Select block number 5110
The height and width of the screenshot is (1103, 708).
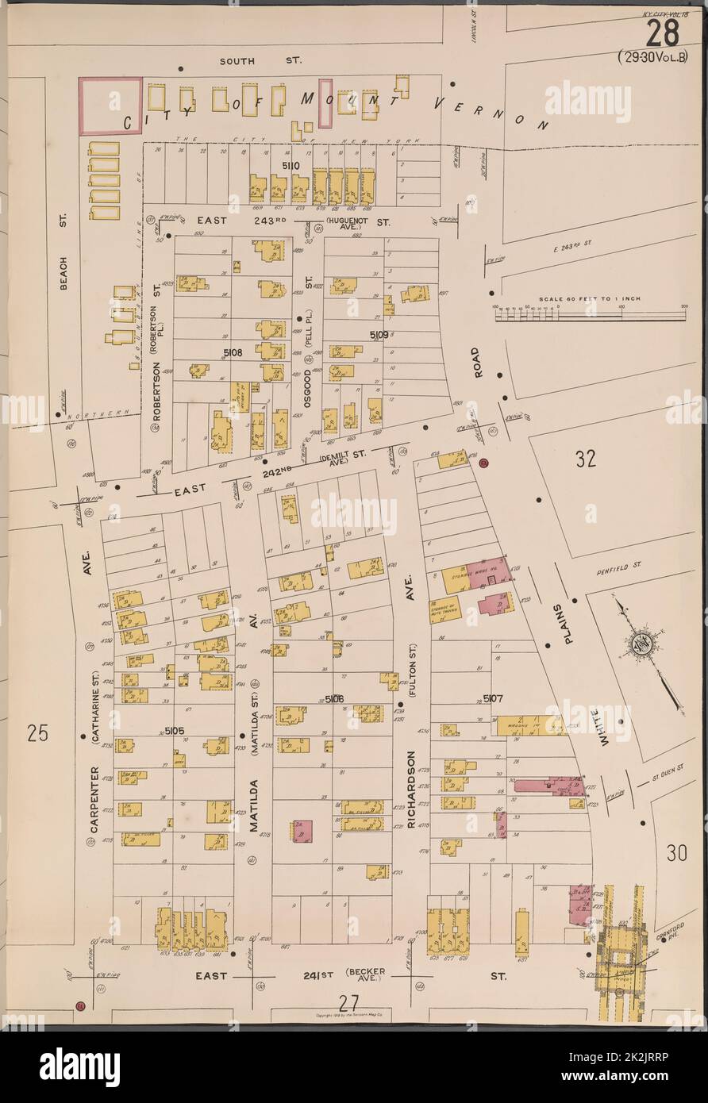[290, 165]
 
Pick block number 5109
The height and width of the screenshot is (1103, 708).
[378, 336]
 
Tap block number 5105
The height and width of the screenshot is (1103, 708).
[174, 730]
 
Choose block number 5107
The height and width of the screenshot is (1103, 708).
[494, 698]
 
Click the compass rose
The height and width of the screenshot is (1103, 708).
[645, 640]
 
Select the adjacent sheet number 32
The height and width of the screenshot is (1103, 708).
[586, 459]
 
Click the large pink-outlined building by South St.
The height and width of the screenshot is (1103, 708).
[112, 105]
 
